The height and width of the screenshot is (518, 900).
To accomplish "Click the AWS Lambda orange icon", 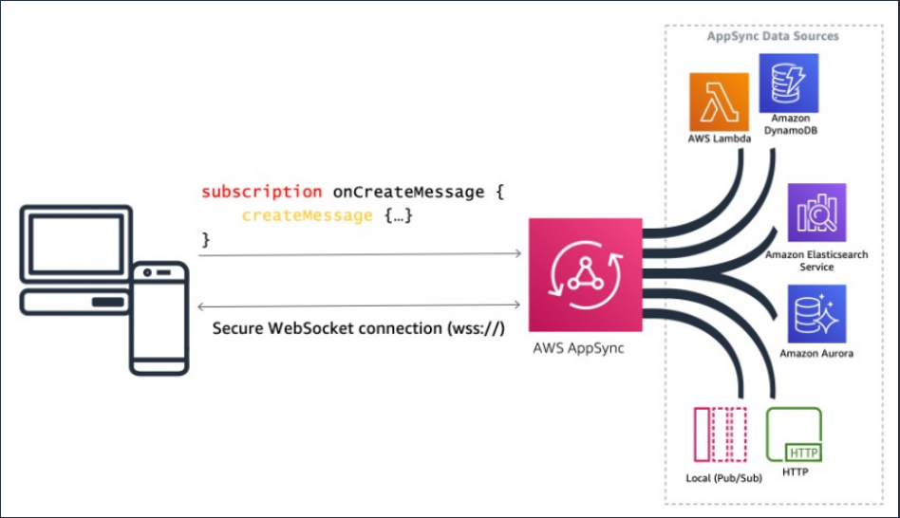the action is point(719,102).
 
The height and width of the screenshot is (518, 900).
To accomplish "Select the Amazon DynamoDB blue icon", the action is point(789,83).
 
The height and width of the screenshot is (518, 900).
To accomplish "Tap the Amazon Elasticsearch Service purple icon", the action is point(816,213).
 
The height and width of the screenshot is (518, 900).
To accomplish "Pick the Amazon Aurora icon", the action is point(816,314).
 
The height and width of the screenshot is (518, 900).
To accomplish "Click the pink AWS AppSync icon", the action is point(586,275).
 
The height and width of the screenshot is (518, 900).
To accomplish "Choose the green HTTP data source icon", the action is point(794,435).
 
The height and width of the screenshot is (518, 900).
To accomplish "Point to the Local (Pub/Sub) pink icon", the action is point(721,435).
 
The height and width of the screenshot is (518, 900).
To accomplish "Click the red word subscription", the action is point(262,192).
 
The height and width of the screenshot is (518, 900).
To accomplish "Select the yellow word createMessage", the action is point(307,215).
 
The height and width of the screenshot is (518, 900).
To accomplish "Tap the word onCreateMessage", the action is point(408,192).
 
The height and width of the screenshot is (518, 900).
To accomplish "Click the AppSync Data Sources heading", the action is point(773,36).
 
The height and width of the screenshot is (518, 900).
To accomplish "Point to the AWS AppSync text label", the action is point(578,348).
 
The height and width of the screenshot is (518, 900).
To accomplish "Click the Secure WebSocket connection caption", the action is point(359,328).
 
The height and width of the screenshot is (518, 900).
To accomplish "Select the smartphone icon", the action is point(159,319).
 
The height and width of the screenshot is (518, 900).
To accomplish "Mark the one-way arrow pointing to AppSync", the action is point(360,253).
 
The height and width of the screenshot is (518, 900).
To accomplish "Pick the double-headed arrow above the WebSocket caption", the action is point(359,305).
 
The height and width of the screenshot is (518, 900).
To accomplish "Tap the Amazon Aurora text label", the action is point(816,353).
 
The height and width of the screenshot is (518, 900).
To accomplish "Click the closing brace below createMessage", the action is point(205,239).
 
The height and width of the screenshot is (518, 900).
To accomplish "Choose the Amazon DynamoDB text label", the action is point(791,124).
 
